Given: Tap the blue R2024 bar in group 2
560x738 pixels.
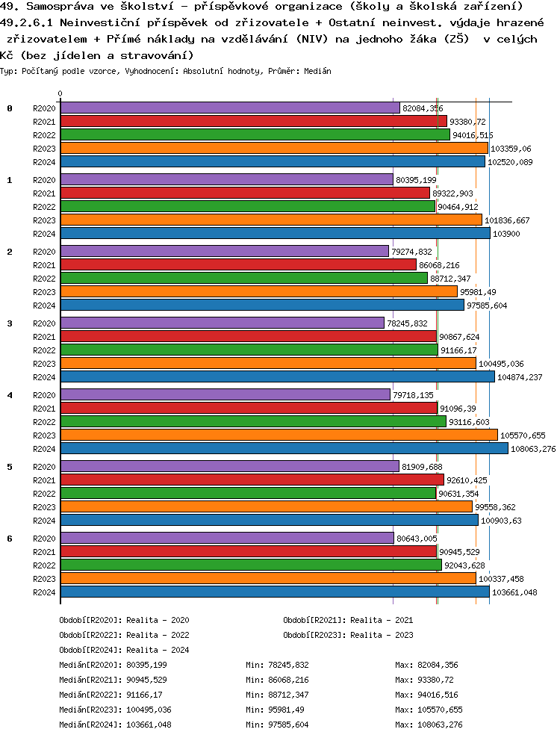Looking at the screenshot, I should pos(261,305).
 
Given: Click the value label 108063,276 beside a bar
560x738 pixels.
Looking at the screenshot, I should pos(532,449).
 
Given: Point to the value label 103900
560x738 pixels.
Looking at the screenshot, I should pos(505,234).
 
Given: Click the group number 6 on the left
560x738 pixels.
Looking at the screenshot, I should pos(10,539).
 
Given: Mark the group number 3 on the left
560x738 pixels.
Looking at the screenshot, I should pos(10,323).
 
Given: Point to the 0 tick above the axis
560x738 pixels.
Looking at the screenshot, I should pos(60,94).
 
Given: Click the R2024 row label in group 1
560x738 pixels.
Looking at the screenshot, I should pos(44,234).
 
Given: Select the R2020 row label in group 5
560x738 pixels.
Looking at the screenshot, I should pos(44,467).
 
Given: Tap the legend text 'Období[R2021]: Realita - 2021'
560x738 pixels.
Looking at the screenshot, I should pos(348,620).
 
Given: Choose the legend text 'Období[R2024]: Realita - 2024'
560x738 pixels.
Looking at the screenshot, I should pos(124,650).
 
